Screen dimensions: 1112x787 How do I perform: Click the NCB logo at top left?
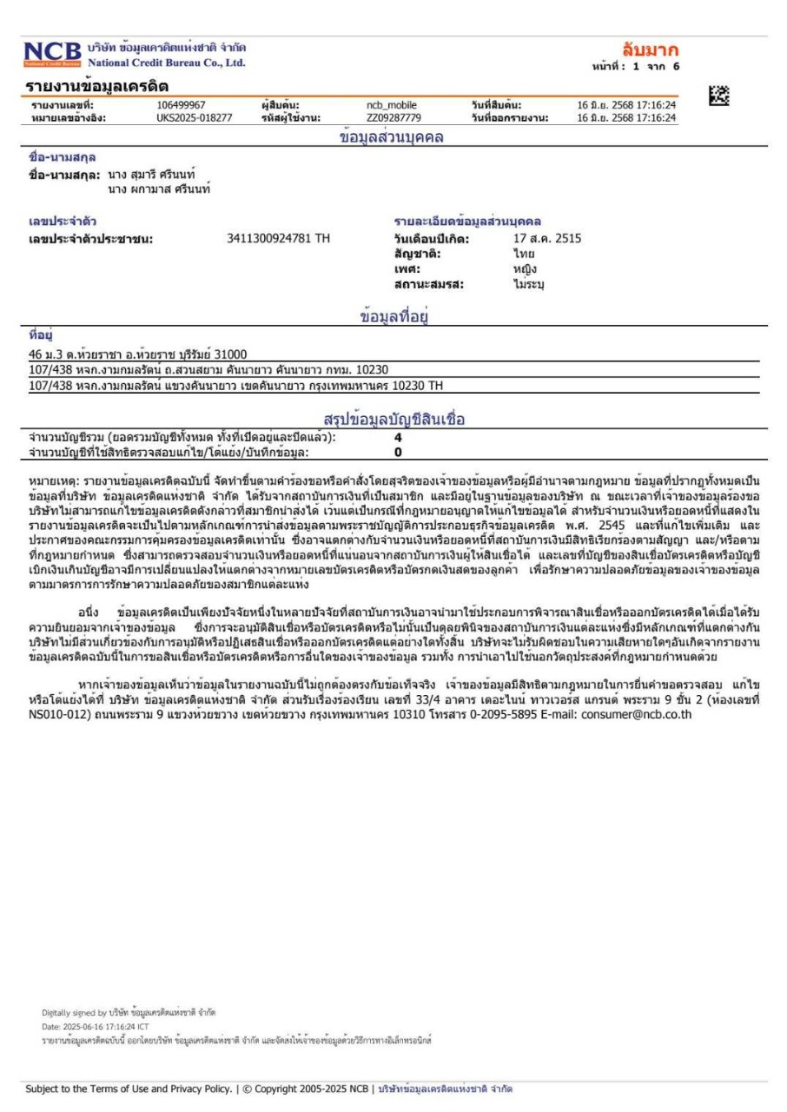55,55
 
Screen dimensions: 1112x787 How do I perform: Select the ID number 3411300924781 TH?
278,238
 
